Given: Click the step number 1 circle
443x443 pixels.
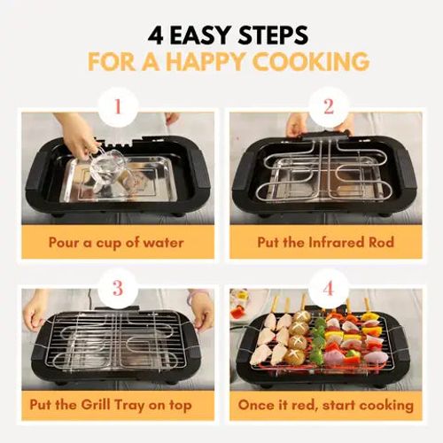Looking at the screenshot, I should (x=114, y=109).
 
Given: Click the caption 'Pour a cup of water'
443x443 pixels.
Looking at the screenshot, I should (x=116, y=241).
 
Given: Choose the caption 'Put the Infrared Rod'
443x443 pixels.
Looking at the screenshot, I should (x=327, y=241).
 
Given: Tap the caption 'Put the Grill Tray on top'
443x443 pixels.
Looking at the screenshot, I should (x=116, y=405).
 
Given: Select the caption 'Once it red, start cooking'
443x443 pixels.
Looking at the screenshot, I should (x=327, y=405).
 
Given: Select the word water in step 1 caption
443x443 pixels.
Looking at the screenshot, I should (x=167, y=241).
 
